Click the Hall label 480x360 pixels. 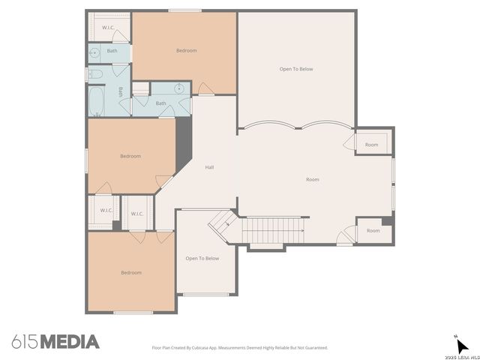(x=210, y=166)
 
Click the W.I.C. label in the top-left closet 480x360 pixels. (x=109, y=27)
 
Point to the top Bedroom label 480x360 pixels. (x=186, y=50)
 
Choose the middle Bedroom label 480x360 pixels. (x=130, y=156)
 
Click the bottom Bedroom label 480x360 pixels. (x=130, y=272)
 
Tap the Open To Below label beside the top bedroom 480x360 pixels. (x=295, y=69)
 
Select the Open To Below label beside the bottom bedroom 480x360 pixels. (x=202, y=258)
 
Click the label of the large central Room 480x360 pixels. (x=312, y=179)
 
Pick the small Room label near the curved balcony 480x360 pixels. (x=371, y=144)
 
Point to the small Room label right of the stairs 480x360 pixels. (x=373, y=230)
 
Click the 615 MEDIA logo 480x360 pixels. (x=55, y=342)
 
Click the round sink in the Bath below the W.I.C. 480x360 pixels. (x=94, y=52)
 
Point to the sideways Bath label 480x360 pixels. (x=120, y=92)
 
